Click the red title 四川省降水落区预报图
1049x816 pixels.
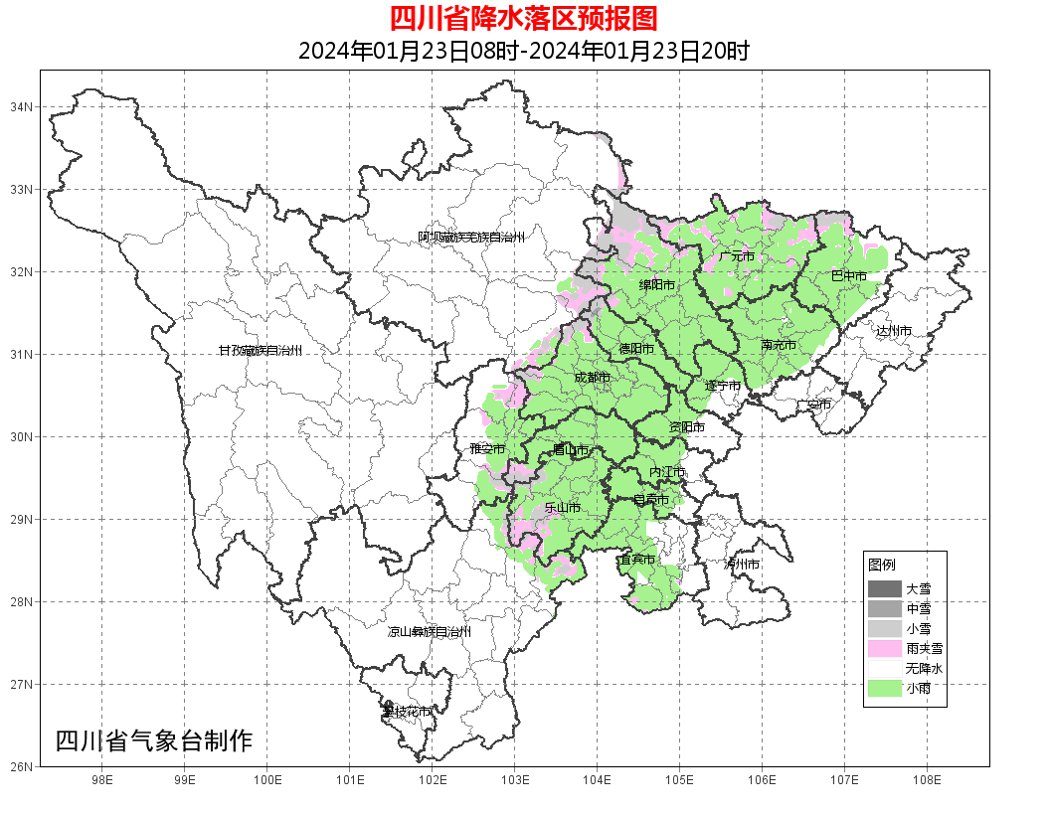point(523,19)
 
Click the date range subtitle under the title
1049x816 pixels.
point(523,51)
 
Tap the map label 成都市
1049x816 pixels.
point(593,378)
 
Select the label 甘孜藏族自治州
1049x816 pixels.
point(260,351)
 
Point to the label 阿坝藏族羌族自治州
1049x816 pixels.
point(470,238)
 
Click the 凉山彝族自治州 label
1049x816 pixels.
point(429,632)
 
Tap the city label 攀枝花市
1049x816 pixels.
point(407,712)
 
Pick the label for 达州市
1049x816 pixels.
point(893,330)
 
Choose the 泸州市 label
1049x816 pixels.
point(741,564)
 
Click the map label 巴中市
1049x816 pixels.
point(848,276)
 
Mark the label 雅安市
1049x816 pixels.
point(487,449)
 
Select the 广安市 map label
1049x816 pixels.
point(813,405)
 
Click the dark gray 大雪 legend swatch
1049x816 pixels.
point(884,589)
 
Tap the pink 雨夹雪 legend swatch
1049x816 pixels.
point(884,649)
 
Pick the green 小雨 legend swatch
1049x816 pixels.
point(884,689)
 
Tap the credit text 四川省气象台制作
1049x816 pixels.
point(154,740)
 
